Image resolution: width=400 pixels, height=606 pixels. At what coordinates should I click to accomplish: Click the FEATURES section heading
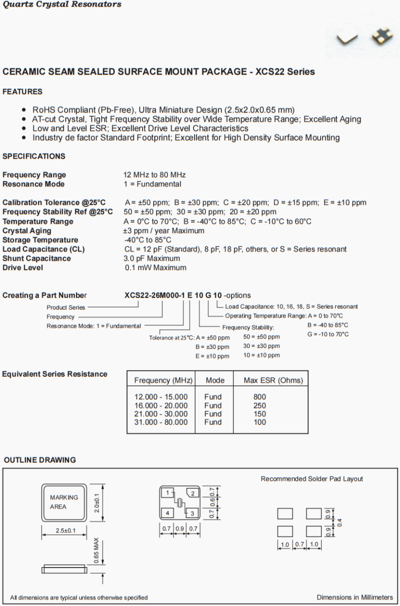[x=22, y=92]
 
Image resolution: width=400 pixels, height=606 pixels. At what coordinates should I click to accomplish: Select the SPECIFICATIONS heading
[x=34, y=156]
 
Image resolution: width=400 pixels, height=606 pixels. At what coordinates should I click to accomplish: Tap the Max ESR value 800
[x=259, y=397]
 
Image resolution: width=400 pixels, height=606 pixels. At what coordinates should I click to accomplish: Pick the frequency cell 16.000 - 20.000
[x=161, y=406]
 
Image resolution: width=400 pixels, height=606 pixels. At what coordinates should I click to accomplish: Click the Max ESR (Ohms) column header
[x=273, y=380]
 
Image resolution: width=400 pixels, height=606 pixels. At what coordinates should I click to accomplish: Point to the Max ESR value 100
[x=259, y=422]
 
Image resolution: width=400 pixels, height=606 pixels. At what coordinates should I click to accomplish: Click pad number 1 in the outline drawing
[x=167, y=492]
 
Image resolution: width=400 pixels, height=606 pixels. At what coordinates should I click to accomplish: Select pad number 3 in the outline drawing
[x=192, y=514]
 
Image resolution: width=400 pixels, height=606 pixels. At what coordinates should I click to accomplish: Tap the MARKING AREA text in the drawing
[x=64, y=502]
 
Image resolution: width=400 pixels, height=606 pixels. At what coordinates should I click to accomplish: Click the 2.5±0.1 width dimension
[x=65, y=530]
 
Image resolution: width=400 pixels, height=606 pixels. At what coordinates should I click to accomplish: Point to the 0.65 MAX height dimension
[x=96, y=551]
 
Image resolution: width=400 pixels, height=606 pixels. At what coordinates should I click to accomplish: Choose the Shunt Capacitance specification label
[x=37, y=259]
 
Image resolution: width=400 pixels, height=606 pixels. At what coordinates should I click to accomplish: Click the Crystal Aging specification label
[x=27, y=231]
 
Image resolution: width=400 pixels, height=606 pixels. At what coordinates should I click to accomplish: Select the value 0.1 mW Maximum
[x=156, y=268]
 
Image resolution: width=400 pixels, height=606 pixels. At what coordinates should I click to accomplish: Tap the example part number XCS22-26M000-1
[x=155, y=295]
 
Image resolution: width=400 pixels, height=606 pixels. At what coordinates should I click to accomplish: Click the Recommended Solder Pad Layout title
[x=312, y=479]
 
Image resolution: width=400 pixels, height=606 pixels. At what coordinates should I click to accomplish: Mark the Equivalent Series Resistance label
[x=55, y=374]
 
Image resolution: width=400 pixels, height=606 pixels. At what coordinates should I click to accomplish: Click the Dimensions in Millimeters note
[x=354, y=597]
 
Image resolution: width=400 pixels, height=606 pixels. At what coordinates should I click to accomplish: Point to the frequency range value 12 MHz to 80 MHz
[x=155, y=175]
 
